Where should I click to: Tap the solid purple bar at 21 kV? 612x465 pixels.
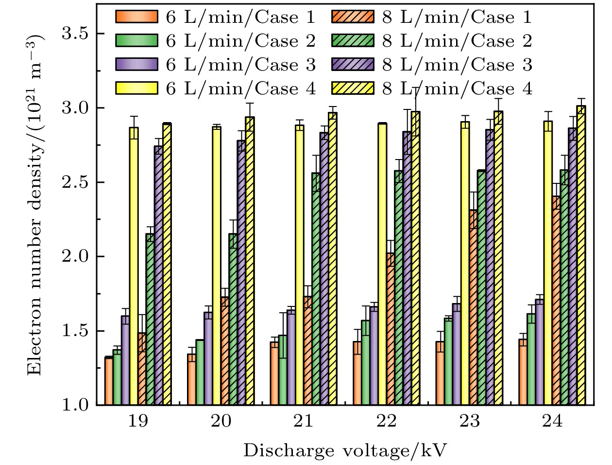click(x=291, y=358)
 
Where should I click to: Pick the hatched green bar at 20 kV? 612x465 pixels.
click(x=233, y=319)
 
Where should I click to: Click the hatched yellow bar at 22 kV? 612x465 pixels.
click(x=415, y=258)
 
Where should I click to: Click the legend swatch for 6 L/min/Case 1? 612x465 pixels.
click(x=136, y=17)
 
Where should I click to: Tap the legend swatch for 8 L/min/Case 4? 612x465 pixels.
click(x=353, y=89)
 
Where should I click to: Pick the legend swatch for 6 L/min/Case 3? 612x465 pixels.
click(x=136, y=65)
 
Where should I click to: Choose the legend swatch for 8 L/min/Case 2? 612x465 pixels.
click(x=353, y=41)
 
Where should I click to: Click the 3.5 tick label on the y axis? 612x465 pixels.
click(x=77, y=34)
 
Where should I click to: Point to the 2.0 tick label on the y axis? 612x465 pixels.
click(x=77, y=256)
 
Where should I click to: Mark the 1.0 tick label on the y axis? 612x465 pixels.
click(x=77, y=405)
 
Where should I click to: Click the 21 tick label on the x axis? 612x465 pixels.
click(x=304, y=421)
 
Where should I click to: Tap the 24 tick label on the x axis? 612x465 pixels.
click(x=552, y=421)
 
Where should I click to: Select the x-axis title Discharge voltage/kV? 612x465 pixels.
click(x=344, y=451)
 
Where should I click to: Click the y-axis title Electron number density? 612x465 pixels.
click(x=34, y=204)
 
